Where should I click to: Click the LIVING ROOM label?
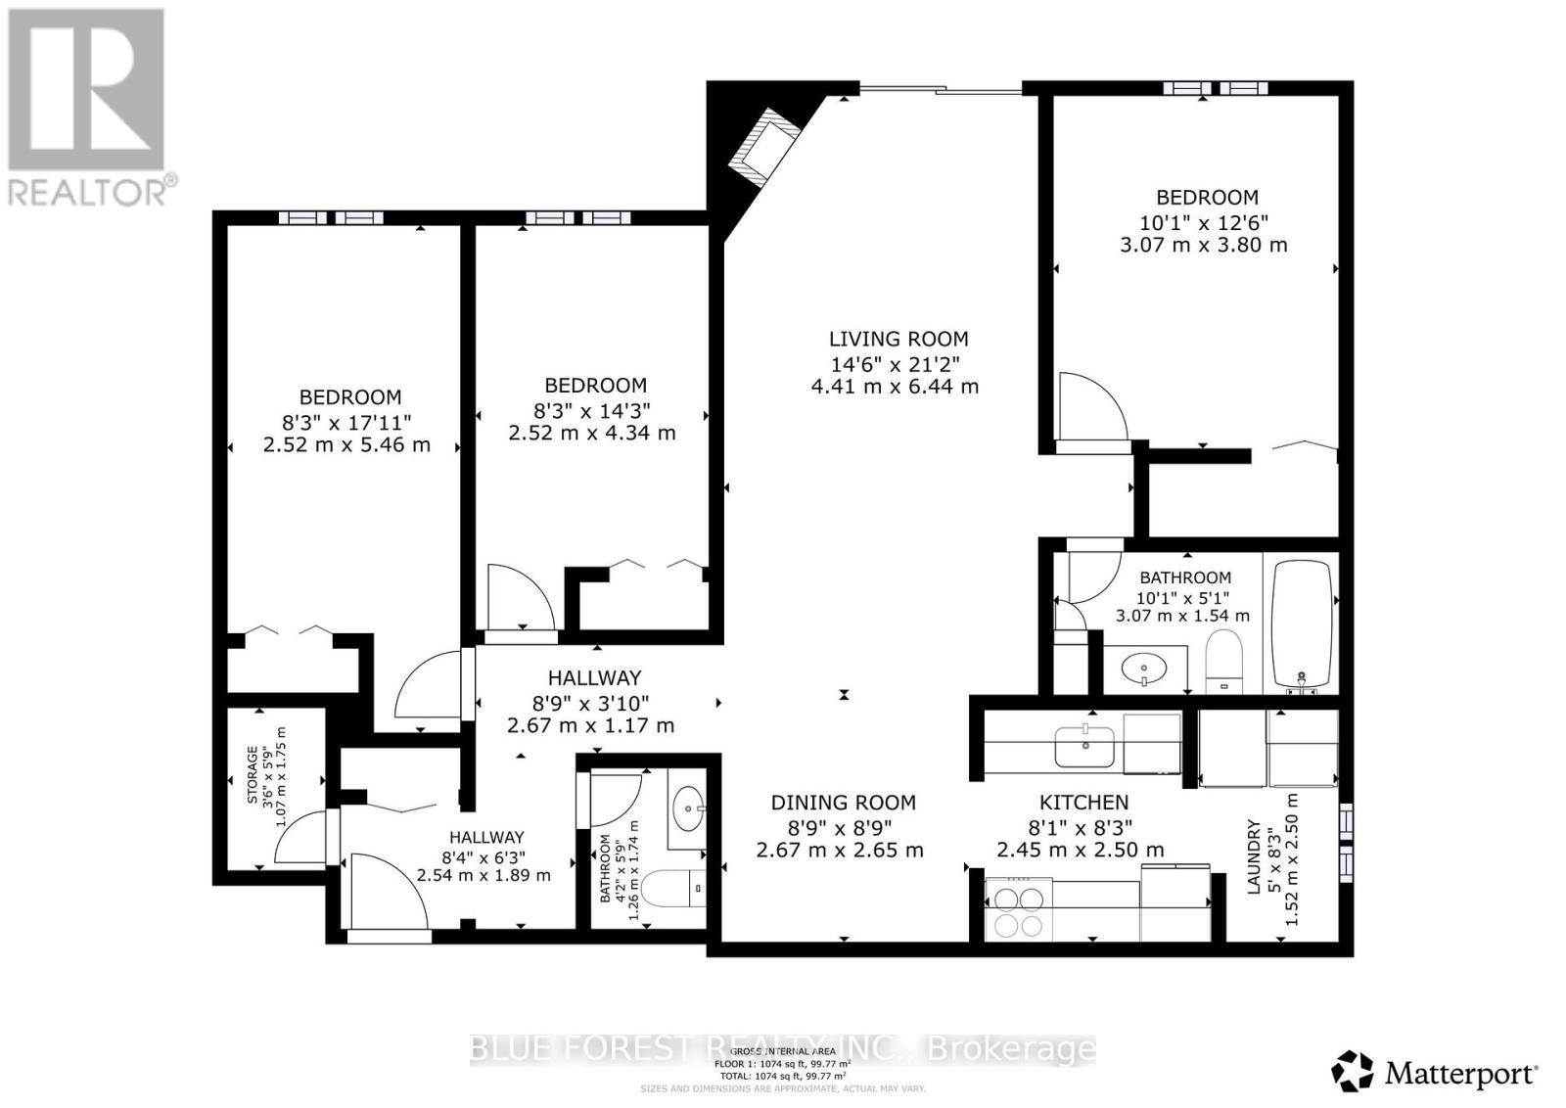(x=898, y=339)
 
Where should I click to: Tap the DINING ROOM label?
(x=843, y=803)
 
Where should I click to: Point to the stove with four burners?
(x=1019, y=911)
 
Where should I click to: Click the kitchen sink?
(x=1084, y=747)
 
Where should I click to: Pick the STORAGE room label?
(x=253, y=775)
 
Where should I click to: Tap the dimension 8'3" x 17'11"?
(x=345, y=422)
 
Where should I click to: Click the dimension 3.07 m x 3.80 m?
(x=1203, y=245)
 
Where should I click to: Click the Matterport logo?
(x=1436, y=1073)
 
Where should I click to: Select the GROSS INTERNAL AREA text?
(x=782, y=1051)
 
